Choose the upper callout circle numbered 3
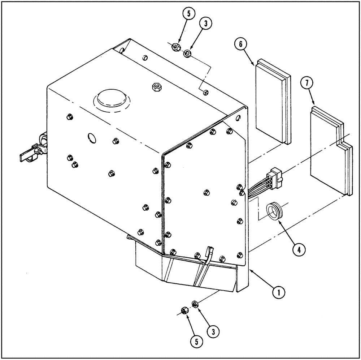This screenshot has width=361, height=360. tap(205, 23)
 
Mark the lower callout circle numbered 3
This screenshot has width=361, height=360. tap(213, 330)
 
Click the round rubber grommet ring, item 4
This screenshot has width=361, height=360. tap(274, 211)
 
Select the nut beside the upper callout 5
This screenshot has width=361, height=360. tap(175, 46)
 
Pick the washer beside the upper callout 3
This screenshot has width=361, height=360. tap(187, 54)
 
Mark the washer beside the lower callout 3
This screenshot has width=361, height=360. tap(195, 304)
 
